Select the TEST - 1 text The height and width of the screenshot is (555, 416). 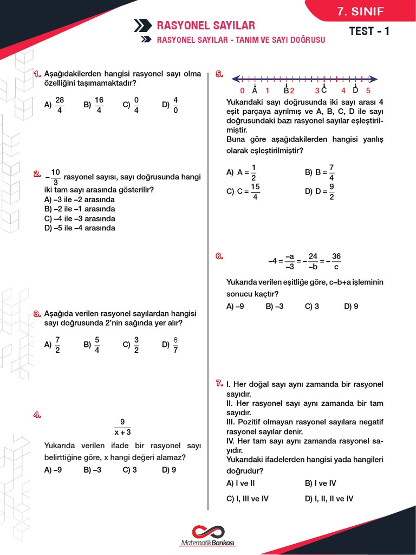(369, 31)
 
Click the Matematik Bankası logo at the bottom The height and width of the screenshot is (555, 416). (209, 535)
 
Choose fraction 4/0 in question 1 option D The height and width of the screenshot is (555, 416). (175, 105)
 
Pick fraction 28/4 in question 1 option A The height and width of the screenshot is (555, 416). (60, 105)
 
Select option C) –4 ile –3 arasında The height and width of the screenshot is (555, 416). (80, 218)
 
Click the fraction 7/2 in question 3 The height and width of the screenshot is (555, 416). (58, 344)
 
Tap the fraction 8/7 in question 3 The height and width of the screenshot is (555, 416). (175, 344)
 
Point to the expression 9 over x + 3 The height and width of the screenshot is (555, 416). (122, 427)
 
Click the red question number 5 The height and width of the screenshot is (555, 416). (219, 74)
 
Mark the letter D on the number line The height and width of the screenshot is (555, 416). (355, 90)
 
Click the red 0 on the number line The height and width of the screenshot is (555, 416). (242, 91)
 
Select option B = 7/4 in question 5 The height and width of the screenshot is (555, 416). (320, 172)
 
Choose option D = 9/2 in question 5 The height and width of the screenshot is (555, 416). (320, 191)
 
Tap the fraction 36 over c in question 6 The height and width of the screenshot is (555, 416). (336, 261)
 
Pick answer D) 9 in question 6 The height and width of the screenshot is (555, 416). (351, 306)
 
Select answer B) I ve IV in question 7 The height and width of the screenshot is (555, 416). (321, 483)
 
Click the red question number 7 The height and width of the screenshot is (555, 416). (219, 384)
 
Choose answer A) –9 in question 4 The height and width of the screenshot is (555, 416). (53, 470)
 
